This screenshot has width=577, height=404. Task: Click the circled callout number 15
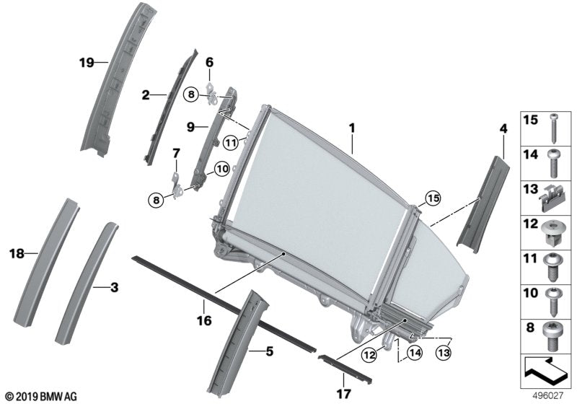tap(433, 198)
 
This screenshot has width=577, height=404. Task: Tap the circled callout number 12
tap(369, 355)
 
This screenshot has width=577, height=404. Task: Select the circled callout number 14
tap(415, 353)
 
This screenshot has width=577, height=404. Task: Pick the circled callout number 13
tap(444, 353)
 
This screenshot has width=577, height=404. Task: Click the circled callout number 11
tap(230, 142)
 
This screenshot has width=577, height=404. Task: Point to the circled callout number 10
tap(222, 169)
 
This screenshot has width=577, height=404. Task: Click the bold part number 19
tap(87, 63)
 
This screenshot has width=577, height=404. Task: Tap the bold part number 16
tap(204, 320)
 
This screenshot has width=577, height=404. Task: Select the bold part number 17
tap(344, 394)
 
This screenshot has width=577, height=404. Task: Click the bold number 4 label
tap(503, 129)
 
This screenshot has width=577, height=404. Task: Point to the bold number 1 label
tap(352, 128)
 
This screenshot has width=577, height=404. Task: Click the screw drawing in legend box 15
tap(553, 128)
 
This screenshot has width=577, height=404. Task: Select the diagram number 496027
tap(548, 396)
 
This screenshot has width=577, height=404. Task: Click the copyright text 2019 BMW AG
tap(42, 397)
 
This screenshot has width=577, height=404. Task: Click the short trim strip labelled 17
tap(345, 369)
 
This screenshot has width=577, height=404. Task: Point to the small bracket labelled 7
tap(178, 183)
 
